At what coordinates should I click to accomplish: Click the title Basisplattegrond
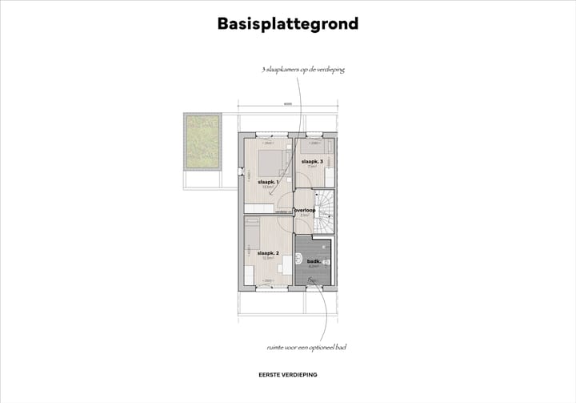[x=287, y=24]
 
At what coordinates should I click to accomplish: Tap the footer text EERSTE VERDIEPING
[x=287, y=374]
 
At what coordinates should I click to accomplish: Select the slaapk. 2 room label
[x=267, y=253]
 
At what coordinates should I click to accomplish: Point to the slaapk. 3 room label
[x=312, y=162]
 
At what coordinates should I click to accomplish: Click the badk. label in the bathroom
[x=314, y=261]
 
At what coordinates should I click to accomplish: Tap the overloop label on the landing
[x=305, y=211]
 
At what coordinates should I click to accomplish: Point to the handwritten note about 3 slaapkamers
[x=302, y=71]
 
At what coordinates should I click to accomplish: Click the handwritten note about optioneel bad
[x=307, y=348]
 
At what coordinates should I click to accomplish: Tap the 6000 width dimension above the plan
[x=286, y=104]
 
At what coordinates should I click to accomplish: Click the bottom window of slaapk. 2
[x=267, y=287]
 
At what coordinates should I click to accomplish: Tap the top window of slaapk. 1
[x=267, y=137]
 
